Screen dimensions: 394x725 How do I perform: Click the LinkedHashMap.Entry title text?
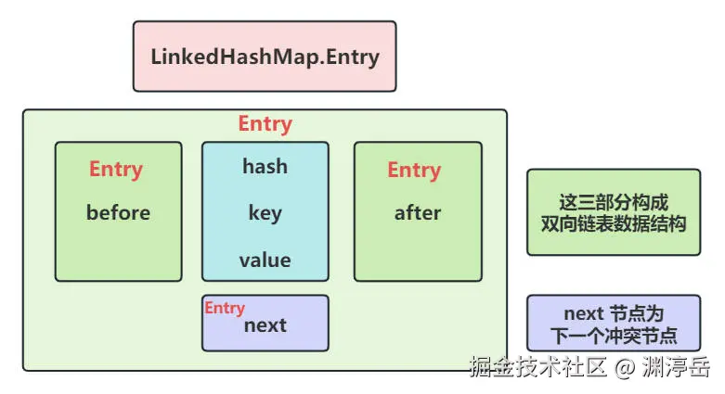tap(265, 56)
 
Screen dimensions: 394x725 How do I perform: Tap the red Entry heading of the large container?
tap(265, 124)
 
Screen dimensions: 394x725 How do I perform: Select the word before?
tap(118, 213)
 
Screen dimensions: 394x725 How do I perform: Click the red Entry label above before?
tap(116, 170)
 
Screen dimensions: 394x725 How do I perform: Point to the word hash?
tap(265, 167)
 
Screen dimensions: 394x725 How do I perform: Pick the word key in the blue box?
tap(265, 213)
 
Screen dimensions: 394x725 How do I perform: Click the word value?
tap(265, 261)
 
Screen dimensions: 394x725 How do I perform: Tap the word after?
tap(418, 213)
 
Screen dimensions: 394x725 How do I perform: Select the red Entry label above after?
tap(414, 170)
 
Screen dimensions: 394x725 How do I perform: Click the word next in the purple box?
tap(265, 325)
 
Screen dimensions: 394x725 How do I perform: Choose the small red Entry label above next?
tap(225, 308)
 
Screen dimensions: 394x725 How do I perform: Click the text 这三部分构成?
tap(614, 202)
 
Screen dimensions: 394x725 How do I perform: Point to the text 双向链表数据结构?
tap(614, 223)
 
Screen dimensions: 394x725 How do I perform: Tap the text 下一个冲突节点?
tap(614, 336)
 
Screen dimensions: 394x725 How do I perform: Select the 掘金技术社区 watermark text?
tap(537, 367)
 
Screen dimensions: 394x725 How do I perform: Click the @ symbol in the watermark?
tap(626, 368)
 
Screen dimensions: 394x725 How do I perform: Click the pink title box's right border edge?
tap(396, 56)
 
